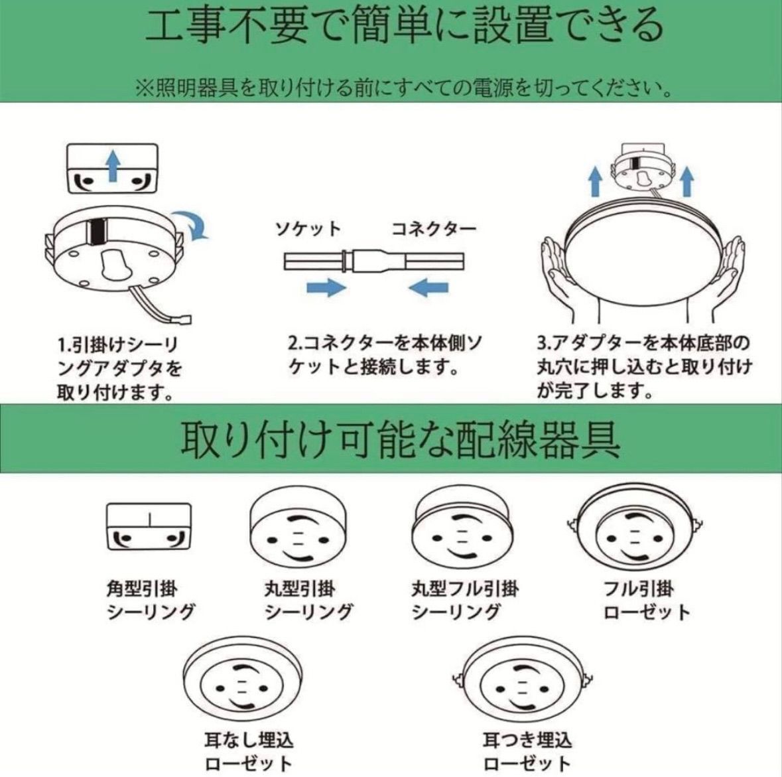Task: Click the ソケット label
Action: coord(308,229)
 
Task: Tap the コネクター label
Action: coord(433,229)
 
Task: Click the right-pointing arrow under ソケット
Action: coord(326,287)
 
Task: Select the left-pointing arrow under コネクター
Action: coord(428,287)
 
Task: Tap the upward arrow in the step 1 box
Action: coord(113,165)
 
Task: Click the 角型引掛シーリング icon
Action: coord(149,527)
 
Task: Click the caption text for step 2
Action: coord(385,355)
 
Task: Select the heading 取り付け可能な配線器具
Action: coord(401,439)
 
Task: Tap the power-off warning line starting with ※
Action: coord(403,88)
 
